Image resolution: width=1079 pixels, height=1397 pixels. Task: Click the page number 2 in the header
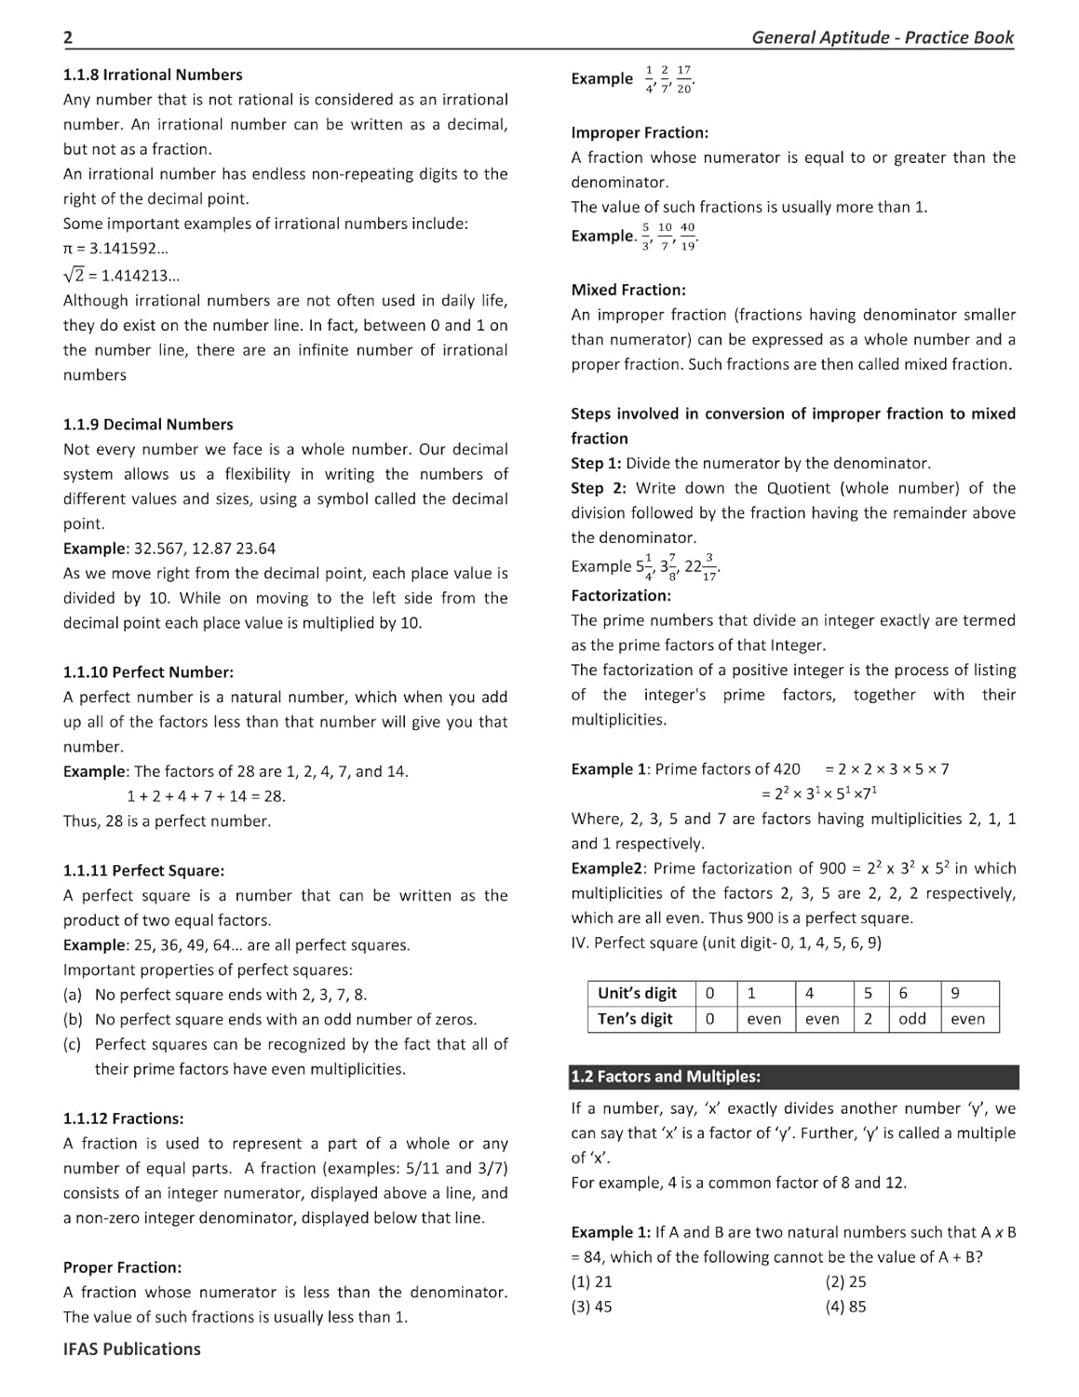(68, 37)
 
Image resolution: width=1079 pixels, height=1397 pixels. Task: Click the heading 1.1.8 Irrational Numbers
(153, 75)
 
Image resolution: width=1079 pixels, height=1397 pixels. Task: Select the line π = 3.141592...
(115, 249)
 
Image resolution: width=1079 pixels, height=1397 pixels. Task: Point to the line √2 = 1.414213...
(121, 275)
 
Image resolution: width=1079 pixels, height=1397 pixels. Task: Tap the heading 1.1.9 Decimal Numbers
(148, 424)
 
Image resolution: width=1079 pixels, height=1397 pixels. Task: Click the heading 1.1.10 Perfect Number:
(148, 671)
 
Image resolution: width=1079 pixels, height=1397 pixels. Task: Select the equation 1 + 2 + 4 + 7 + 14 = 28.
(206, 796)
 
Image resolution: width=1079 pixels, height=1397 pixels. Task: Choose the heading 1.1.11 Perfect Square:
(143, 871)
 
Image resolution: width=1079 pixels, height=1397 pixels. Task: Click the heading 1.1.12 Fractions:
(123, 1119)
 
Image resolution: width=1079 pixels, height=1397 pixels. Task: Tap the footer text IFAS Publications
(131, 1349)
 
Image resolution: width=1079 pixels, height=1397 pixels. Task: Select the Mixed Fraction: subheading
(627, 290)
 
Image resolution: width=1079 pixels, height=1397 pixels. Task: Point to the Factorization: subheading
(620, 595)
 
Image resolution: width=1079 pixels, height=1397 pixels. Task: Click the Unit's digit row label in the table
(638, 993)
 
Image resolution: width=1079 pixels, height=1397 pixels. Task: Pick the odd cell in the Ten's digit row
(911, 1019)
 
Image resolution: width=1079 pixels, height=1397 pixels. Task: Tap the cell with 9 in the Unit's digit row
(955, 993)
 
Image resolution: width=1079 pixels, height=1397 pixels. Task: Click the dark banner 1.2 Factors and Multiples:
(793, 1077)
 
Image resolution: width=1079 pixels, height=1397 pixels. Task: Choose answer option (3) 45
(591, 1307)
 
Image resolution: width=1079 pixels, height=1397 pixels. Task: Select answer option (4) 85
(845, 1307)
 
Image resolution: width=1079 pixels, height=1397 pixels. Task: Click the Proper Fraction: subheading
(122, 1268)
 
